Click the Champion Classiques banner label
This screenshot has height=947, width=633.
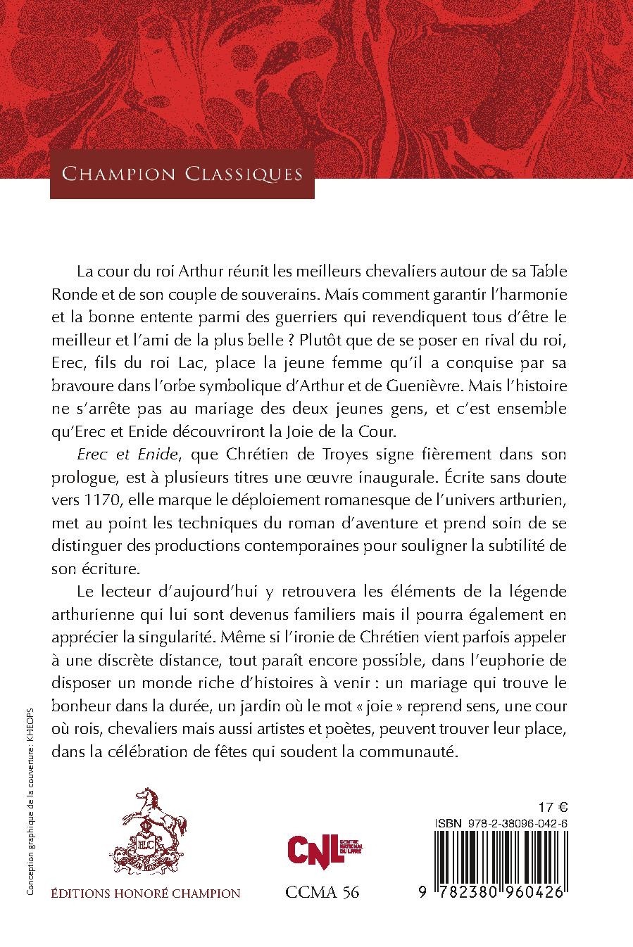pyautogui.click(x=182, y=174)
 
